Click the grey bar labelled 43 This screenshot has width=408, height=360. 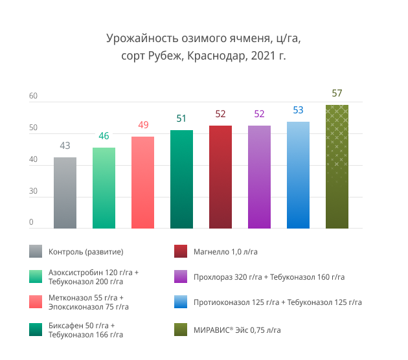65,193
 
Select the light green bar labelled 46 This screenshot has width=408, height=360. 104,188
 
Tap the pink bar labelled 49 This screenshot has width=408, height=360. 142,183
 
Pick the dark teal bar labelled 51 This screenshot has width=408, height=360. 181,179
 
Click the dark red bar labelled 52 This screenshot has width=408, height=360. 220,177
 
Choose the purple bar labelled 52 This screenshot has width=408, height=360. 259,177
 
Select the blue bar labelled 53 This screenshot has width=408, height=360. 298,175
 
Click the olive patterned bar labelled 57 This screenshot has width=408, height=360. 337,166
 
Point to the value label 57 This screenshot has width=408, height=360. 337,93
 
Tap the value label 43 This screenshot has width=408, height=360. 65,146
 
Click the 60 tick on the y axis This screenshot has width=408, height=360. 33,96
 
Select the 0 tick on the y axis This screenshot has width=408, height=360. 30,222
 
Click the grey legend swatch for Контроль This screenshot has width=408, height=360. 36,251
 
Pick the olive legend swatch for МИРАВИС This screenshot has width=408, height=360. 182,331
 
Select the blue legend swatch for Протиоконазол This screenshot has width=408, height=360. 182,302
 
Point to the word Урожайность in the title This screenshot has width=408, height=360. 137,39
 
